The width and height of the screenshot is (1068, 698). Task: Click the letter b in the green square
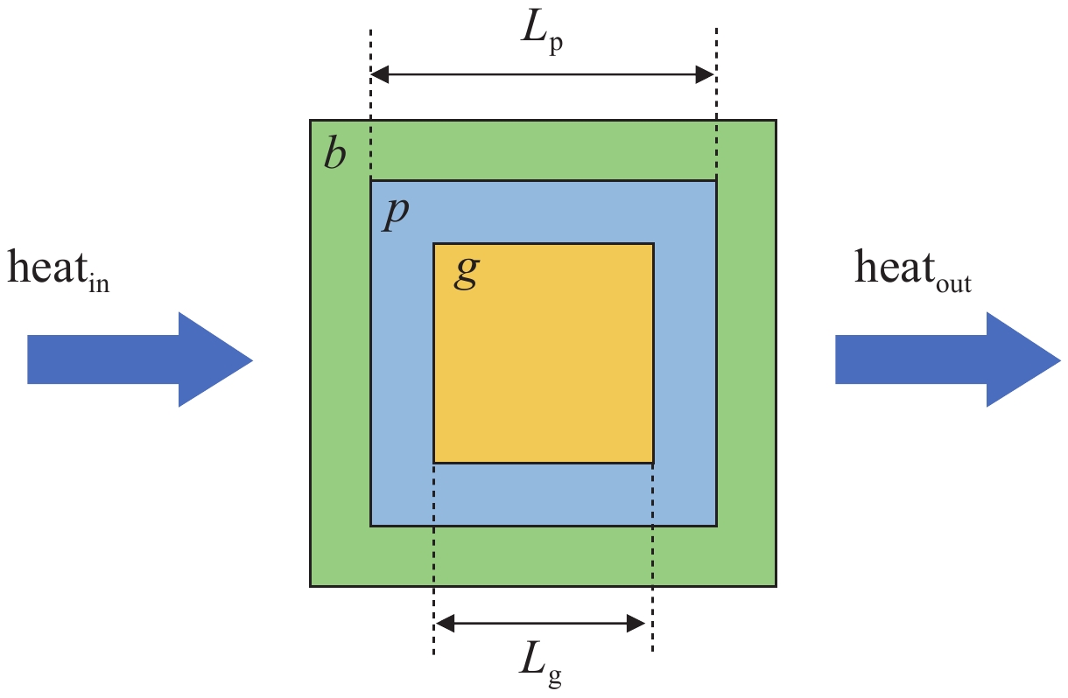tap(334, 154)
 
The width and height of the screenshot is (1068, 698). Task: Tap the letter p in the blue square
tap(397, 214)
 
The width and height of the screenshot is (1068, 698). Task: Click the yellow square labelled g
tap(544, 367)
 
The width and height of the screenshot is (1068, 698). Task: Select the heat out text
tap(911, 270)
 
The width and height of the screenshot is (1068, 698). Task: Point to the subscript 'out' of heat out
tap(951, 285)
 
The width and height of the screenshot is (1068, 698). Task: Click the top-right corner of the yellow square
tap(653, 243)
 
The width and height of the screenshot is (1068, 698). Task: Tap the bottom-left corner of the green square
tap(311, 585)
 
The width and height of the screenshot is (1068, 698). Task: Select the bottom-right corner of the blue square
tap(716, 526)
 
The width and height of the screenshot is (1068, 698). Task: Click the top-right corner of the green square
tap(776, 120)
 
